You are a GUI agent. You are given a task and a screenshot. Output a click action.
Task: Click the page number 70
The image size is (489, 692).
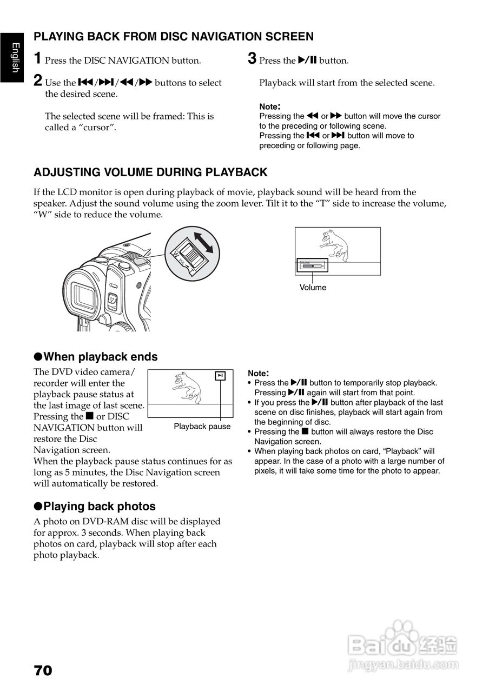pyautogui.click(x=43, y=671)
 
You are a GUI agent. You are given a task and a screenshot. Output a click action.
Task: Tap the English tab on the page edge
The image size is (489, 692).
pyautogui.click(x=15, y=57)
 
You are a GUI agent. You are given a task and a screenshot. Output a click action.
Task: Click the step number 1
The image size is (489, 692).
pyautogui.click(x=37, y=58)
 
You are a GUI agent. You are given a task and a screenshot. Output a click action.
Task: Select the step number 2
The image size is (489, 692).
pyautogui.click(x=37, y=81)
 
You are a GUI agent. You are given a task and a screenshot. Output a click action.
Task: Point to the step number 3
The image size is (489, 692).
pyautogui.click(x=252, y=58)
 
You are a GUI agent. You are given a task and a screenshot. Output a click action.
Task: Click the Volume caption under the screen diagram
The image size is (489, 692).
pyautogui.click(x=313, y=288)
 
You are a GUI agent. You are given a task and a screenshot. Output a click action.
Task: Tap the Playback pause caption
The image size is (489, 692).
pyautogui.click(x=202, y=427)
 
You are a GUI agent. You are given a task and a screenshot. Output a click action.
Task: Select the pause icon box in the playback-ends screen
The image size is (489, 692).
pyautogui.click(x=219, y=376)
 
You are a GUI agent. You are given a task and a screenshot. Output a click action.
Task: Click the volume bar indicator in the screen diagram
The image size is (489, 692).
pyautogui.click(x=312, y=266)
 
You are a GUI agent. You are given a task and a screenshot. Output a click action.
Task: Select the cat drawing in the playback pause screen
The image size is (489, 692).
pyautogui.click(x=186, y=387)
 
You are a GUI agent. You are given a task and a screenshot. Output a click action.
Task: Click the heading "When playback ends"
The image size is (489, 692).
pyautogui.click(x=100, y=357)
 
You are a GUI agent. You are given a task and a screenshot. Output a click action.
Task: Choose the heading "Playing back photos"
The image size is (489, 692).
pyautogui.click(x=99, y=507)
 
